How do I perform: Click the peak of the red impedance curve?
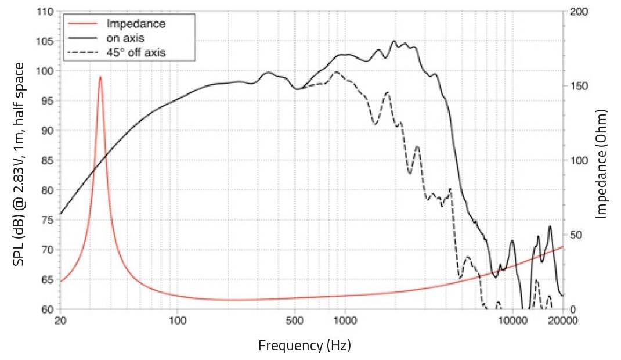pyautogui.click(x=100, y=77)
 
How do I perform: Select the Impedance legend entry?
pyautogui.click(x=136, y=24)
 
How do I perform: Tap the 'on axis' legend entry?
pyautogui.click(x=125, y=38)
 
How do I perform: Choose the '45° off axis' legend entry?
pyautogui.click(x=136, y=52)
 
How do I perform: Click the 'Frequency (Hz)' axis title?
pyautogui.click(x=304, y=345)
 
